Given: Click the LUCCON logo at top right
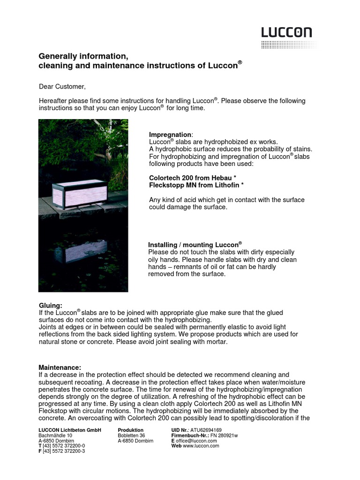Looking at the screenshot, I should [287, 33].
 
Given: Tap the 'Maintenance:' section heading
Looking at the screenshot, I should [60, 367].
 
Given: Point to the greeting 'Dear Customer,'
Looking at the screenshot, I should [62, 87].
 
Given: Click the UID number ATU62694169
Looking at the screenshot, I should [205, 430].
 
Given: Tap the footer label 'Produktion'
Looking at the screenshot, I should [131, 430].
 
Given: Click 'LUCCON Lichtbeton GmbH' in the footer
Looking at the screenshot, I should [70, 430].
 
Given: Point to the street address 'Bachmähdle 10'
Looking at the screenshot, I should [55, 435].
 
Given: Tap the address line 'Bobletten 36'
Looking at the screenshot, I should [131, 435].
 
